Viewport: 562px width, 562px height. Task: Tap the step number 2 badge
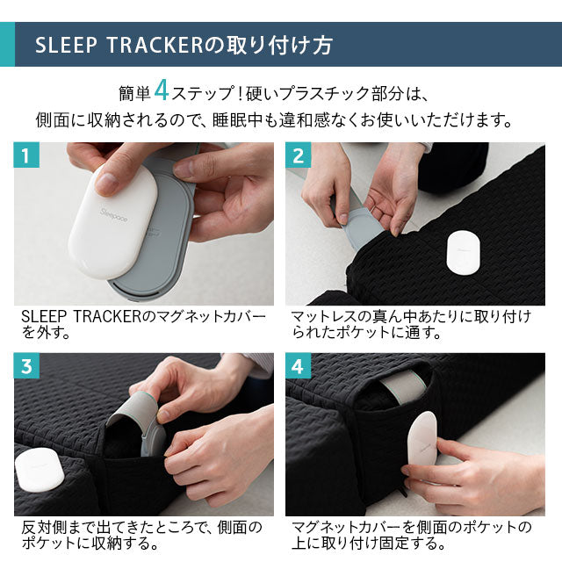click(x=299, y=157)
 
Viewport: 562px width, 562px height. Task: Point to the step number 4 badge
click(x=299, y=367)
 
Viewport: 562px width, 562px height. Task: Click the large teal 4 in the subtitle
click(x=162, y=90)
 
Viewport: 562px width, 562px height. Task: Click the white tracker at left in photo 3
click(x=36, y=470)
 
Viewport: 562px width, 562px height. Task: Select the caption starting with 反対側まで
click(x=140, y=535)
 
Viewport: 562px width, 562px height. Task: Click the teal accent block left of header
click(x=7, y=45)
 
